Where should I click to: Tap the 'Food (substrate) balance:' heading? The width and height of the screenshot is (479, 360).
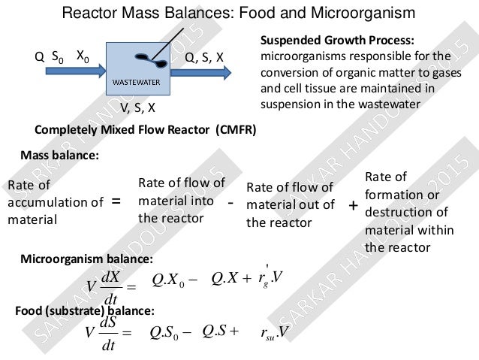pos(85,310)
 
